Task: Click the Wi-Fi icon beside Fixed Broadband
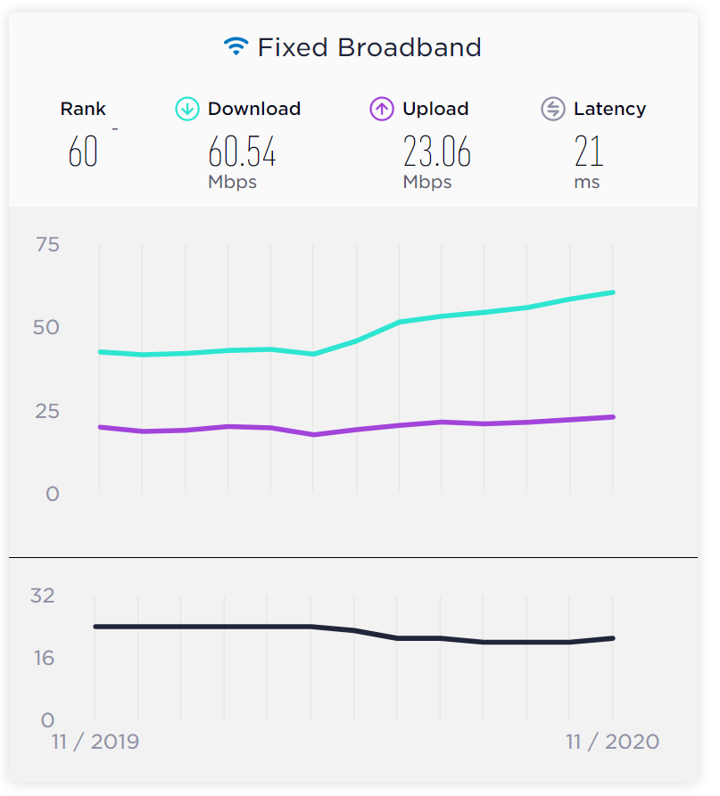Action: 236,46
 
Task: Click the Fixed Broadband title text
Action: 369,47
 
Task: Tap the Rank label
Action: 83,109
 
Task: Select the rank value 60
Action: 83,152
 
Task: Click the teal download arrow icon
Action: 187,109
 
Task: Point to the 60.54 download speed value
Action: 242,152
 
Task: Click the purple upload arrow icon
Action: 382,109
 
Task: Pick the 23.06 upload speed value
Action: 436,152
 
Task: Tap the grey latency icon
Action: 553,109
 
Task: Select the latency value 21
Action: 589,152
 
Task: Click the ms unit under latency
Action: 587,182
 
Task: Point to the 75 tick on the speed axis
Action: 47,244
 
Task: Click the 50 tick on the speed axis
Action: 47,327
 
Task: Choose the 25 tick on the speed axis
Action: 47,411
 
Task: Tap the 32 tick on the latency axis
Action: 43,595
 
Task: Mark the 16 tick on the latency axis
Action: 43,658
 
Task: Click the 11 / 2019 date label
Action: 95,742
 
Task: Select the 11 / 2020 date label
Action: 612,742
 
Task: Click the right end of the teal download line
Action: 612,292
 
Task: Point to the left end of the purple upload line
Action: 100,427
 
